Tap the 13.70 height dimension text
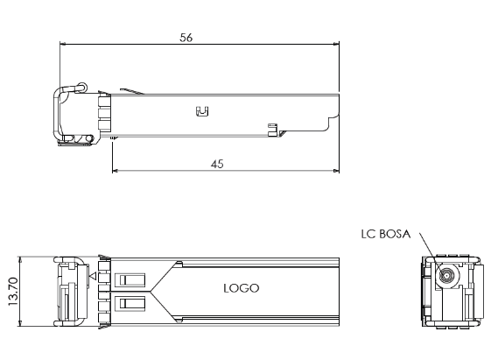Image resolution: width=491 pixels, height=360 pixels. [x=11, y=293]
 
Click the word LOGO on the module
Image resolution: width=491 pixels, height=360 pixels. [x=242, y=287]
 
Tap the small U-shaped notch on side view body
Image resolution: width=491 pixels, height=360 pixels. [x=201, y=111]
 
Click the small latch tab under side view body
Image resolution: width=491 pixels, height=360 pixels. [x=272, y=131]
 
